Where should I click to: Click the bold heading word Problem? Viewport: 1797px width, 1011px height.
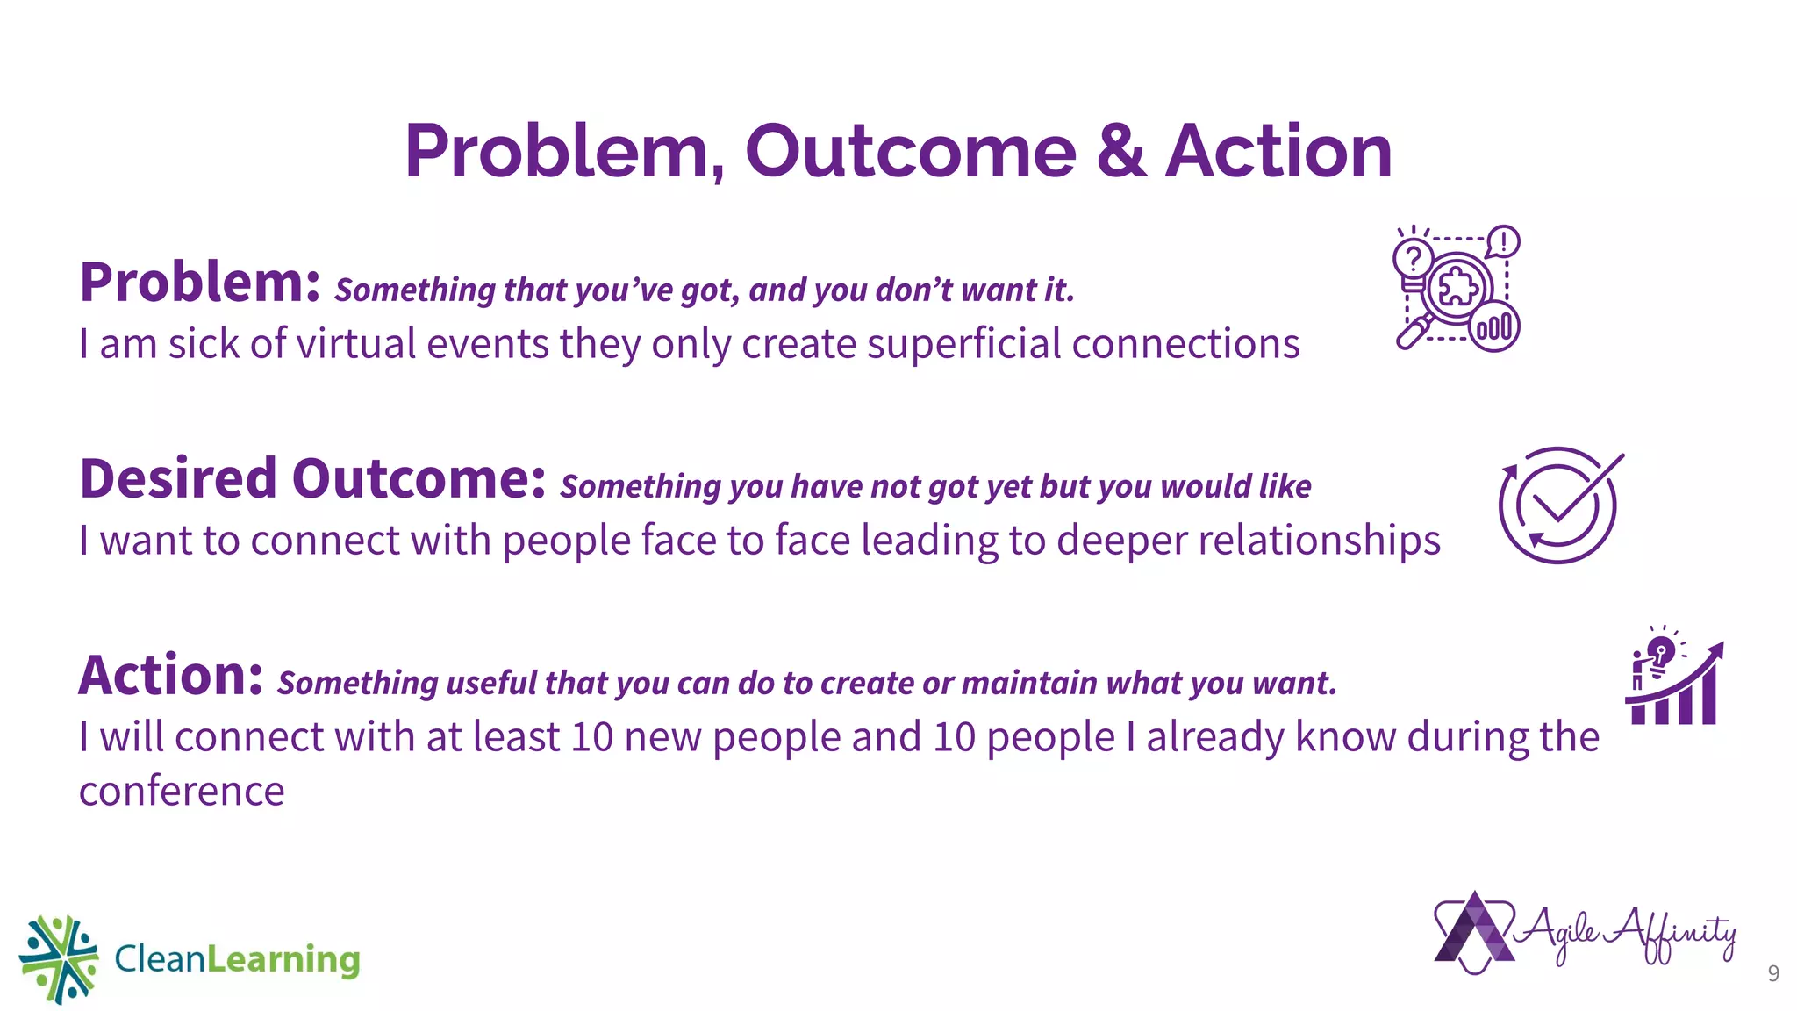coord(200,283)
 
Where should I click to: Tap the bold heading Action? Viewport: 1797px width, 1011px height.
coord(170,676)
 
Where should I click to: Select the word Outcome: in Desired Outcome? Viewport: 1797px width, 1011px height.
coord(419,479)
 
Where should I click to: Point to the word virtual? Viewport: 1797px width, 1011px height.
coord(354,343)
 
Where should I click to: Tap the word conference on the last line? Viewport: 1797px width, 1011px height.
coord(182,792)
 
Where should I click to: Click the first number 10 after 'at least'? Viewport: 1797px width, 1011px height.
coord(591,736)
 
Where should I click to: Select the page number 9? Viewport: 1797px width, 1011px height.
coord(1773,973)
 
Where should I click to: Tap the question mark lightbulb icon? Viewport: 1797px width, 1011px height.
coord(1413,260)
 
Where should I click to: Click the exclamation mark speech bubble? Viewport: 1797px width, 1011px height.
coord(1504,241)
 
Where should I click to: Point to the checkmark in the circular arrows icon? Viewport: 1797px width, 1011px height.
coord(1571,496)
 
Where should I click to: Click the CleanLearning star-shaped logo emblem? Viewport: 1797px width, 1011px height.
coord(59,958)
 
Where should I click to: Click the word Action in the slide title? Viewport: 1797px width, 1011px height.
coord(1278,151)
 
